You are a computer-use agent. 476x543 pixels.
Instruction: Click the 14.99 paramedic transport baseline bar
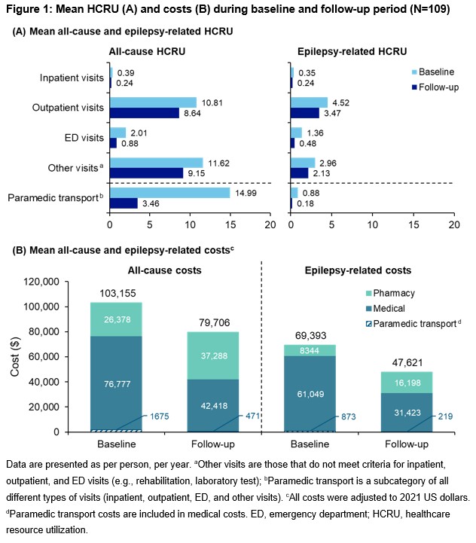click(x=169, y=193)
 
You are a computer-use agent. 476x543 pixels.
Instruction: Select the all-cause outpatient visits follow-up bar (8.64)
click(x=144, y=112)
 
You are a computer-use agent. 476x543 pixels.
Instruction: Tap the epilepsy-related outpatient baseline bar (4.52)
click(x=309, y=102)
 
